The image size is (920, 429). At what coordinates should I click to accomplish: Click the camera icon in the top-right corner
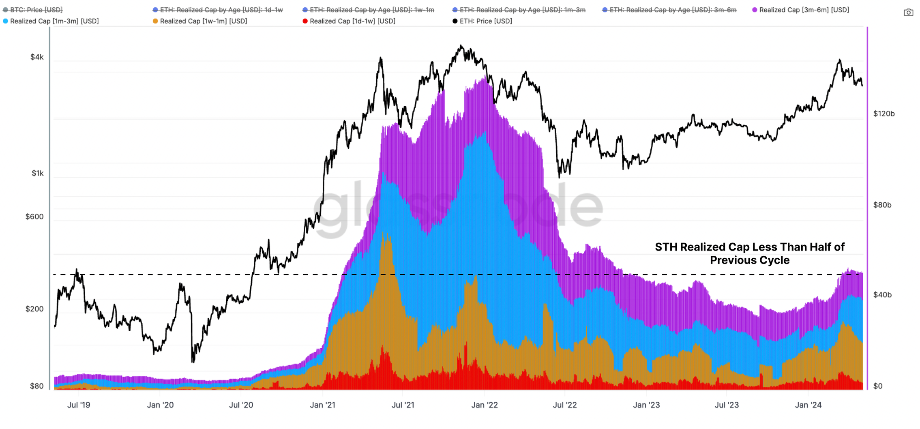[908, 13]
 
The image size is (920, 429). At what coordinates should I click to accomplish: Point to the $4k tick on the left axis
[37, 57]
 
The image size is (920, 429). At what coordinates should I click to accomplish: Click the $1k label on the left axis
[38, 174]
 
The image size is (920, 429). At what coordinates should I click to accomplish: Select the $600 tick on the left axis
[34, 217]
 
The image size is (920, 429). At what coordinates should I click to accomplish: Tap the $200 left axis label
[34, 309]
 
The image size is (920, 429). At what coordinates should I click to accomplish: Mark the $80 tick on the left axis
[36, 386]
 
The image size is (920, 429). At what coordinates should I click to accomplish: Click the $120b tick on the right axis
[884, 114]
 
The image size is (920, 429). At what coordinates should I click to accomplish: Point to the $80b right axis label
[882, 205]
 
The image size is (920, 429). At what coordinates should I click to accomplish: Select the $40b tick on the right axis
[882, 295]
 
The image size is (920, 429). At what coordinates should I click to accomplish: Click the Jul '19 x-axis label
[79, 405]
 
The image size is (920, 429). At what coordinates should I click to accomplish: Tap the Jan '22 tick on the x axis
[484, 405]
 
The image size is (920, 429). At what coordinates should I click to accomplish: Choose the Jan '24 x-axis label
[808, 405]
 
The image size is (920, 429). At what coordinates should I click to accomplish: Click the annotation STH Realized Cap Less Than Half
[749, 253]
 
